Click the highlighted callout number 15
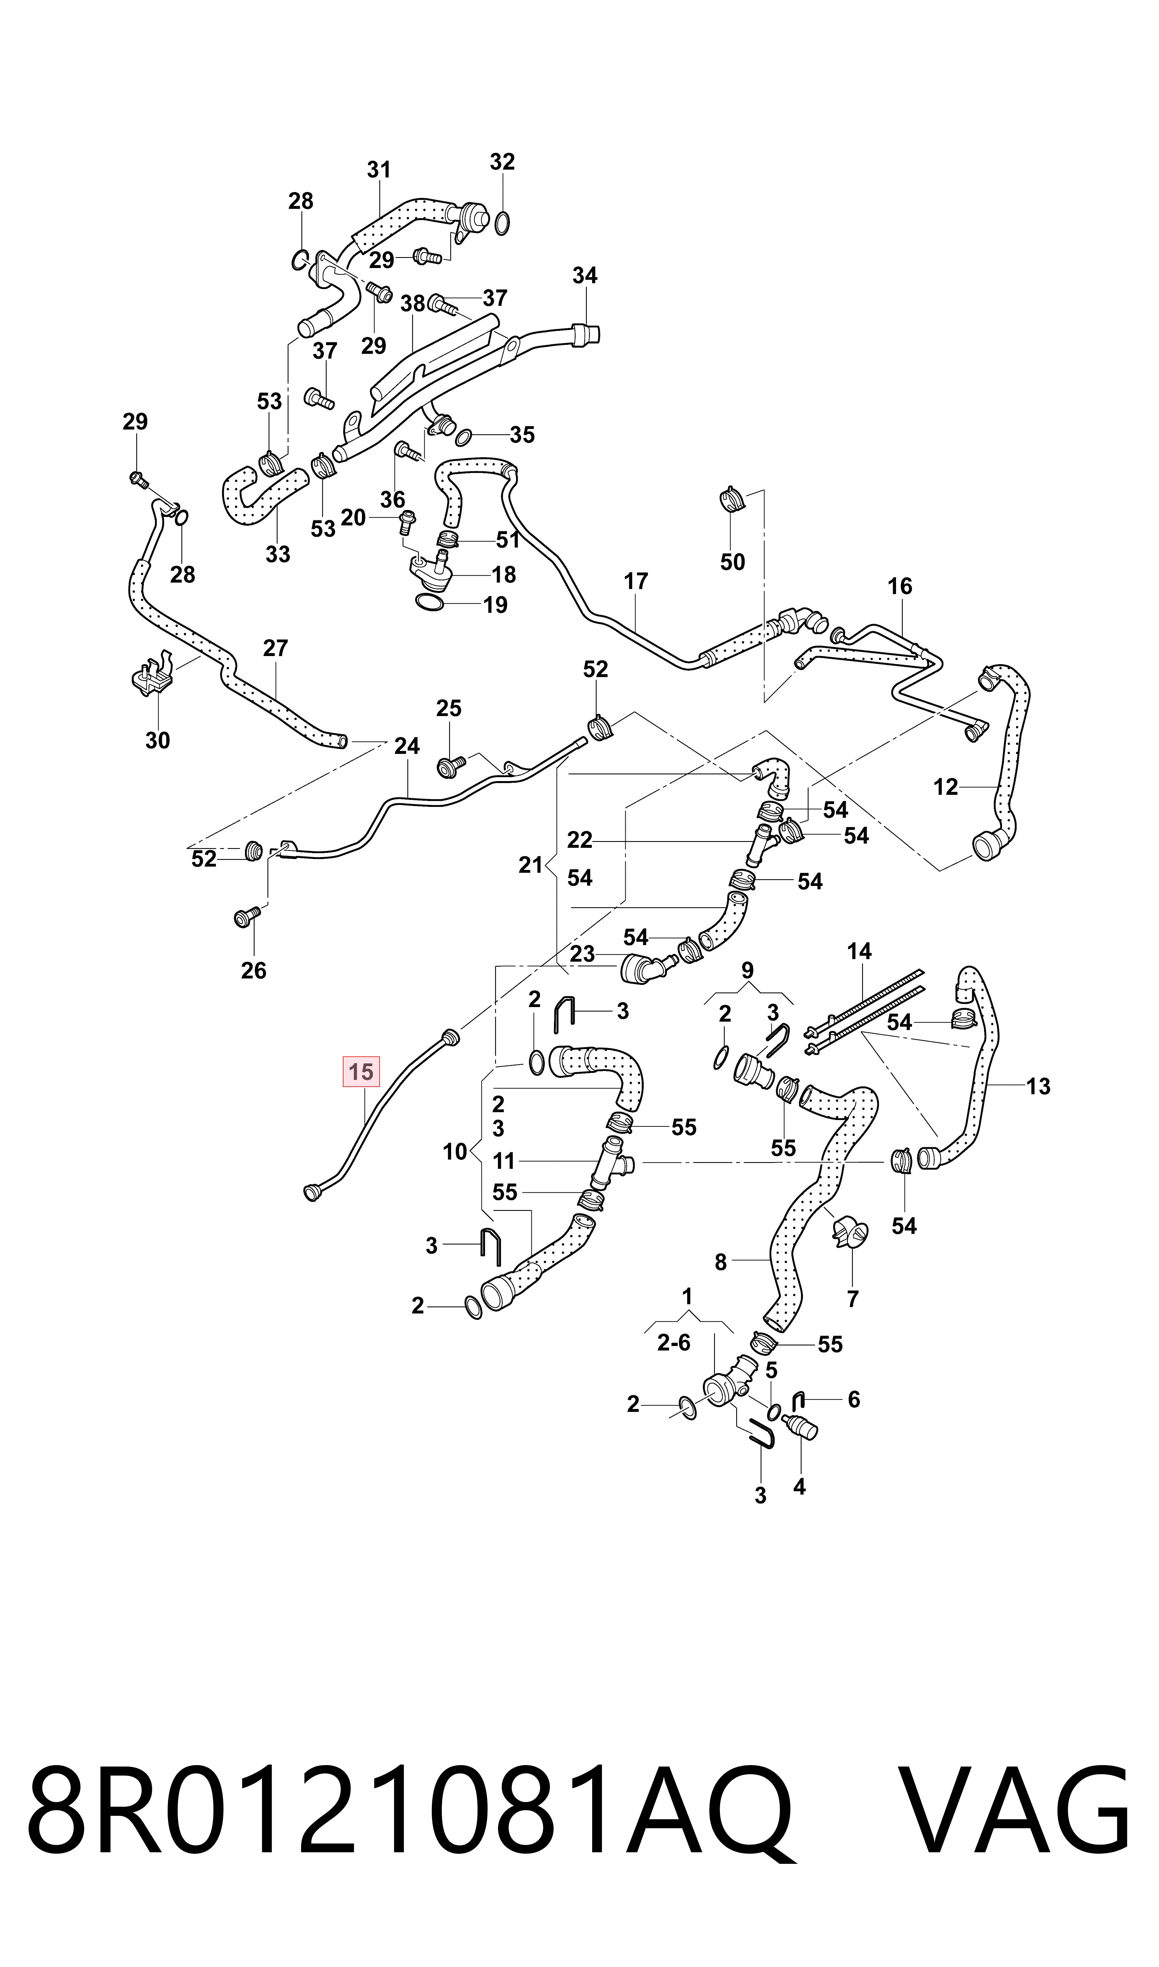[x=361, y=1072]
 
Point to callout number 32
[x=502, y=162]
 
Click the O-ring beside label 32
[x=503, y=223]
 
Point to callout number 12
[x=946, y=787]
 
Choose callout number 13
[x=1038, y=1086]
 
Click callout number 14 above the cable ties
[x=859, y=951]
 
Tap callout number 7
[x=853, y=1299]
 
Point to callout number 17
[x=636, y=581]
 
